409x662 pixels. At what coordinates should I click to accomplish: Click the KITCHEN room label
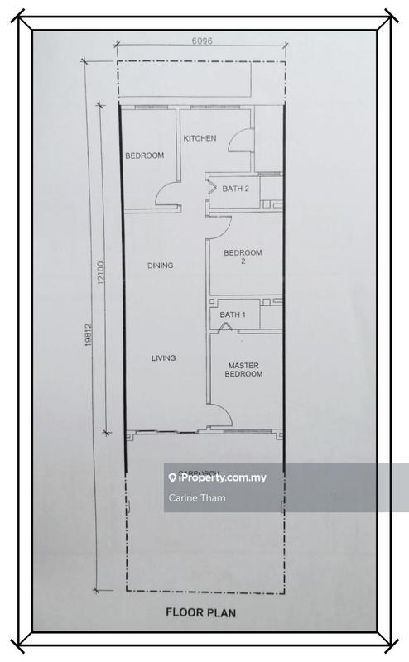[200, 138]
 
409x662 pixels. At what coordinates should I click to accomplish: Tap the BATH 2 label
[235, 189]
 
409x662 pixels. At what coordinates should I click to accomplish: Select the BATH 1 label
[233, 314]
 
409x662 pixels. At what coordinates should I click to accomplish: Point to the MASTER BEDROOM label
[244, 369]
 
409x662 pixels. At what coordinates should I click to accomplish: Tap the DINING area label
[160, 266]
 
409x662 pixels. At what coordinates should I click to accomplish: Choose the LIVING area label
[163, 357]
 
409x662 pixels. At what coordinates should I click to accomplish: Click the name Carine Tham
[196, 497]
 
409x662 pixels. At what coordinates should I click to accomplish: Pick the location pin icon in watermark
[172, 477]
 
